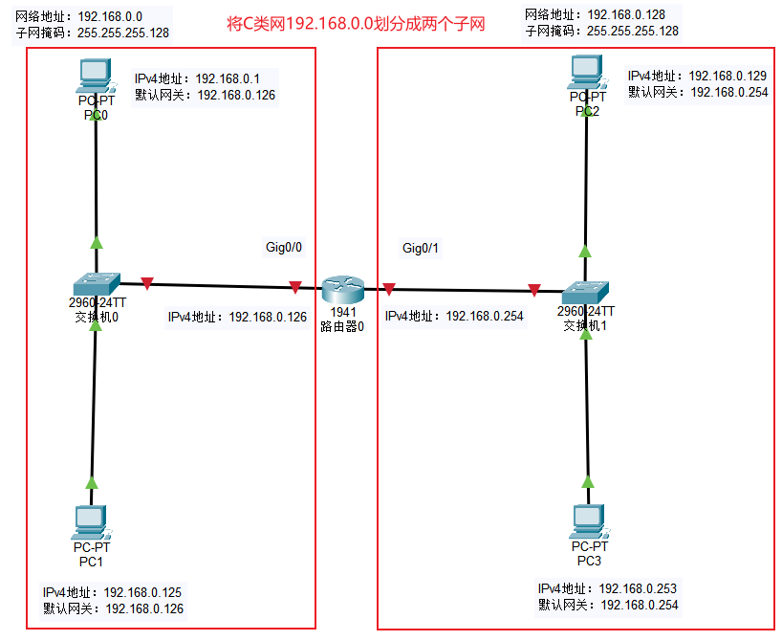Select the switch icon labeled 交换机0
(x=96, y=283)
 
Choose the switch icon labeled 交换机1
(x=585, y=290)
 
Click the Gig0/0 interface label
(x=284, y=247)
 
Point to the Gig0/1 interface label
(x=421, y=249)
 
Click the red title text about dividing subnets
(x=356, y=24)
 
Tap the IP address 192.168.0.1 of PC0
(x=221, y=78)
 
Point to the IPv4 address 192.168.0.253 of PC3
(x=638, y=588)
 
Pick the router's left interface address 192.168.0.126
(x=268, y=317)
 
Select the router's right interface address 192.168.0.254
(x=485, y=317)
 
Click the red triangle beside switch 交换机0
(x=146, y=283)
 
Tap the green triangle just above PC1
(x=93, y=482)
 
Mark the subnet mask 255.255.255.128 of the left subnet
(x=121, y=32)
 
